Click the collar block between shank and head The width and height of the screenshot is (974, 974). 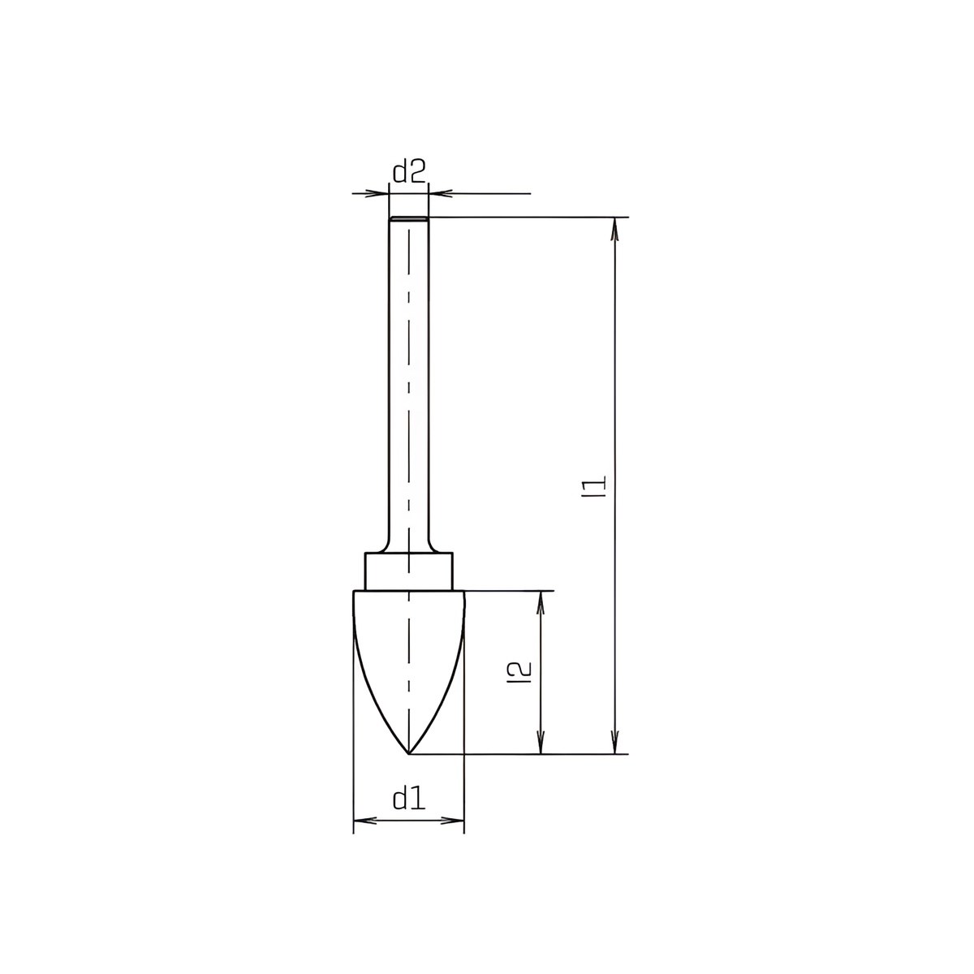(409, 572)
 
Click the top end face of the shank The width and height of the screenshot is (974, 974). (409, 219)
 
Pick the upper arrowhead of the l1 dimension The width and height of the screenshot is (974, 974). (615, 228)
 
